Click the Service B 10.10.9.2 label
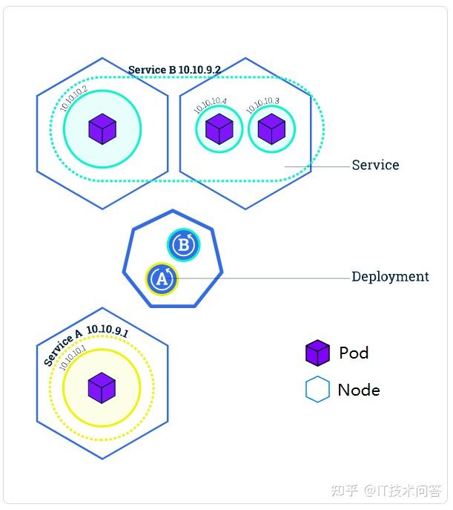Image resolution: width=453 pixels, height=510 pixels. [174, 70]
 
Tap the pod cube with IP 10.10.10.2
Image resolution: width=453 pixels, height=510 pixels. [102, 129]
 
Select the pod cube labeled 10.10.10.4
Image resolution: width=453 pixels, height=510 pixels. [219, 129]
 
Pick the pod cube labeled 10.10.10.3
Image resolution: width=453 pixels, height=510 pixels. [271, 128]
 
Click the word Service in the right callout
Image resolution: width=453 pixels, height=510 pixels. [375, 165]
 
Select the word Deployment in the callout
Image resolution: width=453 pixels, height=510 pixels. [390, 276]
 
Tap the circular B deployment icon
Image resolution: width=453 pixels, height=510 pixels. [183, 244]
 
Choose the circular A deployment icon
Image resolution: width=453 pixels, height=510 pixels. [162, 279]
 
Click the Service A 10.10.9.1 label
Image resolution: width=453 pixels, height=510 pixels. [85, 344]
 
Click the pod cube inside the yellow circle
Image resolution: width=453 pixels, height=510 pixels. [102, 387]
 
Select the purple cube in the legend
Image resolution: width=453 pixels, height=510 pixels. [317, 353]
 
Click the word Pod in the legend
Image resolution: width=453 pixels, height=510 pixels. [354, 353]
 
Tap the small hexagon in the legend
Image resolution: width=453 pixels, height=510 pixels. [317, 390]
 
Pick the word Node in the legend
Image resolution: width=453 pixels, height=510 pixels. [359, 390]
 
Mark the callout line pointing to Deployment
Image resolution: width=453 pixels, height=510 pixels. [259, 278]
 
